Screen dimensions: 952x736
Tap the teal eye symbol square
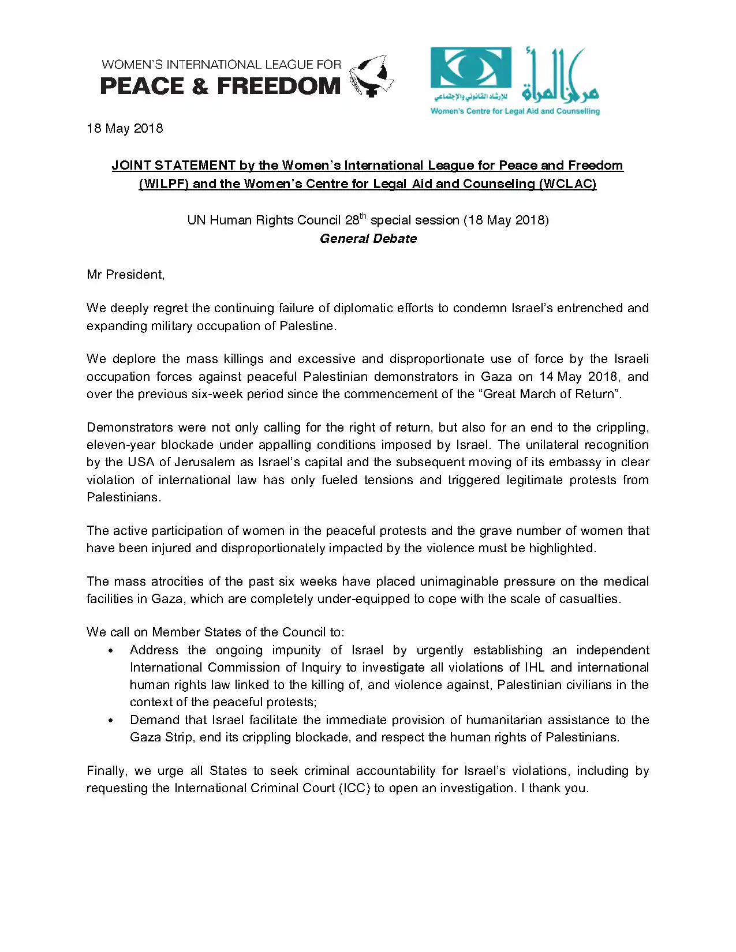pos(470,68)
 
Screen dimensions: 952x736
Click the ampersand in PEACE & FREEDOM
pos(200,87)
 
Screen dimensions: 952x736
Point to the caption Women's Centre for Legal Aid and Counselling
pos(515,111)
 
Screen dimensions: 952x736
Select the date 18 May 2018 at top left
pos(125,128)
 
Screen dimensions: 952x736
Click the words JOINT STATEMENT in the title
pos(173,166)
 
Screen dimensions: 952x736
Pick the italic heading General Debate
pos(368,239)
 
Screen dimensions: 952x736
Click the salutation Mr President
pos(125,275)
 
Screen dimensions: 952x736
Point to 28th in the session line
pos(355,220)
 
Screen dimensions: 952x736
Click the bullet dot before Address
pos(111,651)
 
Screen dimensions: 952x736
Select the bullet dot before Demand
pos(111,721)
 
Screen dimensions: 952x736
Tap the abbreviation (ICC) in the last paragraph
pos(354,788)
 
